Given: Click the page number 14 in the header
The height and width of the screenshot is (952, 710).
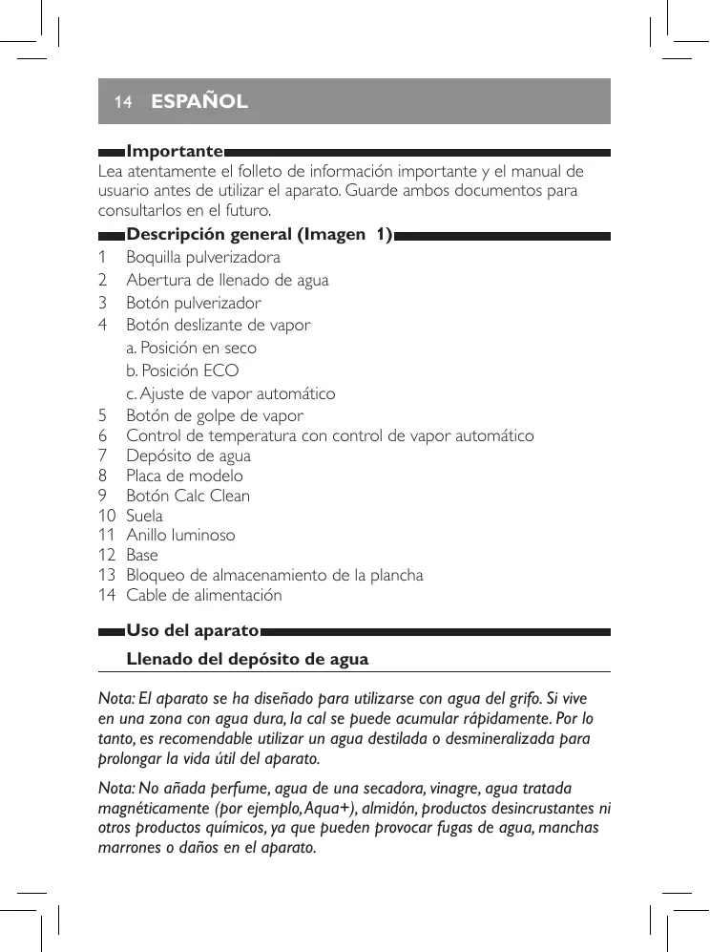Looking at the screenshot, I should pyautogui.click(x=121, y=101).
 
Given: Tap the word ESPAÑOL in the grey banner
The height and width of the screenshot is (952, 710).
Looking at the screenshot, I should pyautogui.click(x=199, y=101).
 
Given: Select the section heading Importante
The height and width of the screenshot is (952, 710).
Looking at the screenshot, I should pyautogui.click(x=175, y=152).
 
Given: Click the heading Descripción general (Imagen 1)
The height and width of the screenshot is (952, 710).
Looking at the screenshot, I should pyautogui.click(x=260, y=235).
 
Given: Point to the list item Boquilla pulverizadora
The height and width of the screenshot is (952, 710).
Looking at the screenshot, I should pyautogui.click(x=203, y=257).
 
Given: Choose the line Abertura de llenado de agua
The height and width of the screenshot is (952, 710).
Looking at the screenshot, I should pyautogui.click(x=227, y=280).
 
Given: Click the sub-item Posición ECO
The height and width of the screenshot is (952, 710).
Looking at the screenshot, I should pyautogui.click(x=182, y=370).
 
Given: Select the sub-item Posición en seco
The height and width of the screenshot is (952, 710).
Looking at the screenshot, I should pyautogui.click(x=191, y=348).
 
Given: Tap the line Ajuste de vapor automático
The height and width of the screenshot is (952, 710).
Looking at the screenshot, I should pyautogui.click(x=230, y=393).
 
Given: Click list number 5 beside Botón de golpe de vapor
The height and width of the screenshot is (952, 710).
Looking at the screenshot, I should pyautogui.click(x=102, y=415).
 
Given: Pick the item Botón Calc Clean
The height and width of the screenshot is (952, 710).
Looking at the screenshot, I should pyautogui.click(x=188, y=496).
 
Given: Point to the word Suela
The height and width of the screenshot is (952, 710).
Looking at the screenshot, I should pyautogui.click(x=144, y=516).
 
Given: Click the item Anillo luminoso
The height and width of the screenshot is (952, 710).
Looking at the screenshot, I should pyautogui.click(x=180, y=535).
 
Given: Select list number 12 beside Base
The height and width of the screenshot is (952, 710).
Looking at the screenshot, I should pyautogui.click(x=106, y=555).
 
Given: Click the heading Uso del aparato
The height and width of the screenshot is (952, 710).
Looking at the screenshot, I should pyautogui.click(x=193, y=631).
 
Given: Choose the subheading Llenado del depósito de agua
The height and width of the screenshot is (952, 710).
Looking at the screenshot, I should pyautogui.click(x=247, y=659).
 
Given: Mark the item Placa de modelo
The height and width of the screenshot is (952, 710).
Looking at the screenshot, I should pyautogui.click(x=184, y=476).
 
